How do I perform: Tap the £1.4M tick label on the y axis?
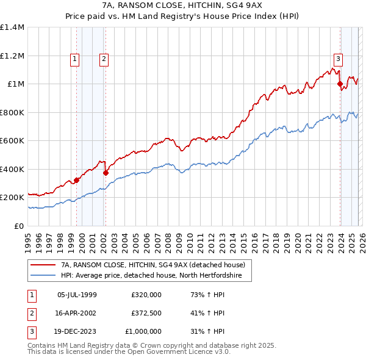coord(12,27)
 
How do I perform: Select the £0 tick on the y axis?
coord(20,226)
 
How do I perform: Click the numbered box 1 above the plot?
coord(74,59)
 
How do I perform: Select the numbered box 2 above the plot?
coord(104,59)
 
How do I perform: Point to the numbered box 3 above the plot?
coord(338,59)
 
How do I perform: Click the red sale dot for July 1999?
coord(77,181)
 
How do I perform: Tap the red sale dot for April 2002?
coord(106,173)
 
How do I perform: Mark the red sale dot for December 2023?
coord(340,85)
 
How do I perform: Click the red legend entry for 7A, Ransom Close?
coord(152,265)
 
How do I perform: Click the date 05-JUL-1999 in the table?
coord(77,294)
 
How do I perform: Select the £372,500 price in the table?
coord(146,313)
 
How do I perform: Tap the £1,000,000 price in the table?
coord(146,331)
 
